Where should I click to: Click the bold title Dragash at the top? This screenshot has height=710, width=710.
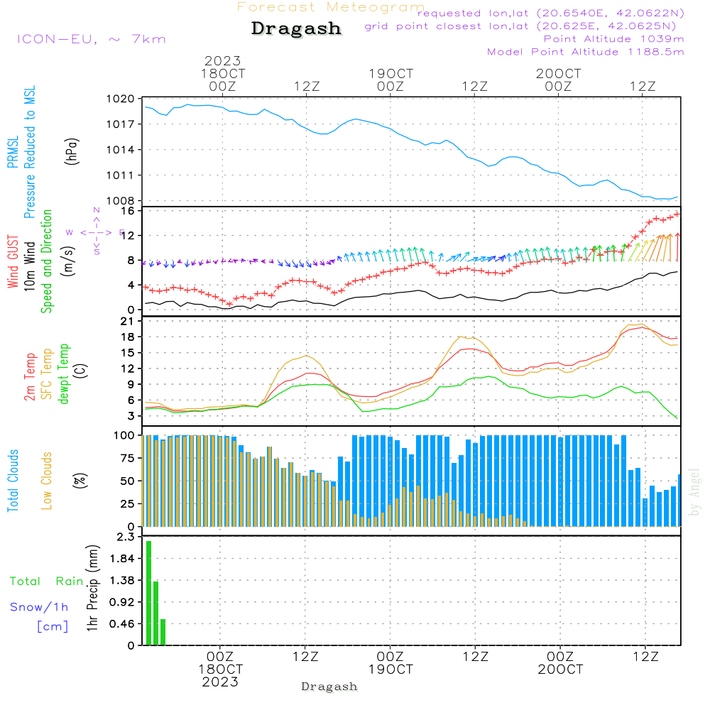click(x=296, y=28)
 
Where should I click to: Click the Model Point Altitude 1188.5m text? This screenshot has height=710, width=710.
click(x=586, y=52)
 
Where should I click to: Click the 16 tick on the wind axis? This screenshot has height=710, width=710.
click(x=128, y=211)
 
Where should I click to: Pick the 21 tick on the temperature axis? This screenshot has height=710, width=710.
click(x=128, y=321)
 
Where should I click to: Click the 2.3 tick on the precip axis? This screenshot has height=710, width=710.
click(x=126, y=537)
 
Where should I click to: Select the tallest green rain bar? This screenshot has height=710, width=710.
click(x=148, y=593)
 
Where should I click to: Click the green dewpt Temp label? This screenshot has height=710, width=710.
click(x=64, y=374)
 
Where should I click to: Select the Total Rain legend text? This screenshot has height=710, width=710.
click(x=46, y=581)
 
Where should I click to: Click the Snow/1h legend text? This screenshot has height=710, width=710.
click(x=39, y=607)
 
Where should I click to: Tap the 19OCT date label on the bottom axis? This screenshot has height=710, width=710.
click(x=390, y=670)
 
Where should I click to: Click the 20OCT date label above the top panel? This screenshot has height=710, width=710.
click(x=559, y=74)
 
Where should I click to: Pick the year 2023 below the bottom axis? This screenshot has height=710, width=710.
click(x=219, y=682)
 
